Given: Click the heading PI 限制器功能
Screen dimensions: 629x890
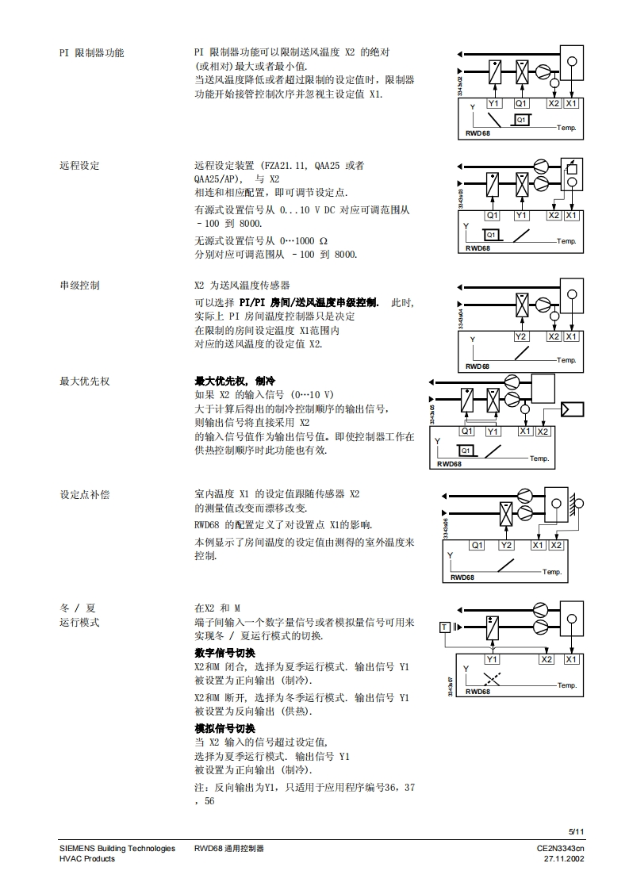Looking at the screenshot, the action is (91, 53).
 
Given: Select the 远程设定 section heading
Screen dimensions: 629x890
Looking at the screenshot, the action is (79, 166).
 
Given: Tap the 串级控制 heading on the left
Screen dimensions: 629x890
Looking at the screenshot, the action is (79, 285).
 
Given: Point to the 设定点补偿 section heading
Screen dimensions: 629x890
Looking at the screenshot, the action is (85, 494).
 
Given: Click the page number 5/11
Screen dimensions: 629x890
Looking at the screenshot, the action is (576, 831).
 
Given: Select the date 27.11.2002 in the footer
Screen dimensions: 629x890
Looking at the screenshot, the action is (563, 859).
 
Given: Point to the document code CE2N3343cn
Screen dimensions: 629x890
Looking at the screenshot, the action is (560, 849).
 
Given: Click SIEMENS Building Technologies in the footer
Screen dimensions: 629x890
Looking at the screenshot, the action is (117, 849).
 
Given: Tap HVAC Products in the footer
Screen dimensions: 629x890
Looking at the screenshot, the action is (87, 859).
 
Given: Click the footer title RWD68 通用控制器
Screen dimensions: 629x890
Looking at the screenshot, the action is (228, 849).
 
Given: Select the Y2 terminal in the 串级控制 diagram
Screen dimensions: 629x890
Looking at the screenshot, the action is (521, 336).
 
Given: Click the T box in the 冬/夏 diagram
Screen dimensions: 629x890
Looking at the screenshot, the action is (445, 627).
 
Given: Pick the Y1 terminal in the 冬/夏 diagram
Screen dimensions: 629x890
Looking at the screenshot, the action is (493, 659).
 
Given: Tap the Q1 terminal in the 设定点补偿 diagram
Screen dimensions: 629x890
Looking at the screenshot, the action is (477, 545).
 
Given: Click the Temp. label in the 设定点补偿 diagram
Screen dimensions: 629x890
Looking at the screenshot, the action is (552, 572).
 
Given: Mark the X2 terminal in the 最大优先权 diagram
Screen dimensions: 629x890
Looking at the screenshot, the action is (543, 431).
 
